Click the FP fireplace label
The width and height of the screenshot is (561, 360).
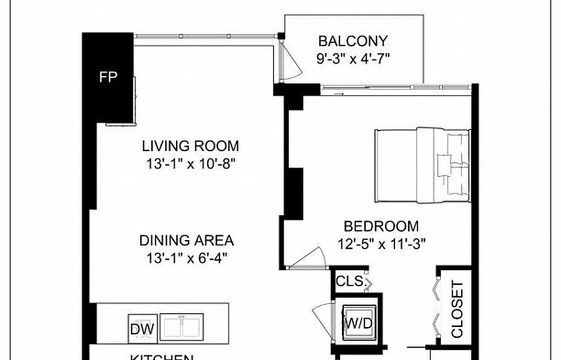107,76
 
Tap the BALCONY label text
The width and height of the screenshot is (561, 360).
353,41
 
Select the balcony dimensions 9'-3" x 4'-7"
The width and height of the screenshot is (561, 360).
353,61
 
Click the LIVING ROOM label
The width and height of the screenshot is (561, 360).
190,146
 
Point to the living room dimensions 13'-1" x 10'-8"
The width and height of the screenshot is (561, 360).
190,165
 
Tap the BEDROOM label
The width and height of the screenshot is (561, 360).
381,226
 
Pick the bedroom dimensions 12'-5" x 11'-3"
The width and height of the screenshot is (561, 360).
381,245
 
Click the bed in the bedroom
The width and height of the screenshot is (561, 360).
423,165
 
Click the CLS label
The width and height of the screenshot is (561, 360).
349,282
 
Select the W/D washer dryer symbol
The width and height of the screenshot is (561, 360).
357,323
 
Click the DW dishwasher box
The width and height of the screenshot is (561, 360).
141,328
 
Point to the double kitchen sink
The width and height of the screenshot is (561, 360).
189,328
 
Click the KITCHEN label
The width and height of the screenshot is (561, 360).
161,356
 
